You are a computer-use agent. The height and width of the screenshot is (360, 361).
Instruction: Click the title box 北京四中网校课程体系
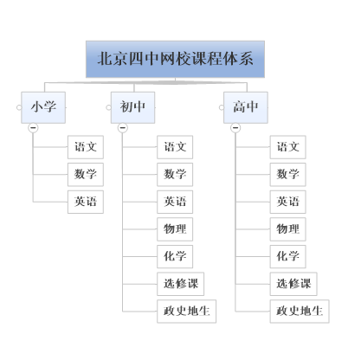pyautogui.click(x=175, y=59)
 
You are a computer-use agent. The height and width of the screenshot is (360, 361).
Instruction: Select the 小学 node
pyautogui.click(x=43, y=107)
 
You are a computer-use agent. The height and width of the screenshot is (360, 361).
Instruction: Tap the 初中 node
pyautogui.click(x=132, y=107)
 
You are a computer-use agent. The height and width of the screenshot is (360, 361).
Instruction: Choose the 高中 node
pyautogui.click(x=246, y=107)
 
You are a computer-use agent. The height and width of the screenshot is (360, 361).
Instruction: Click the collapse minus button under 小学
pyautogui.click(x=33, y=127)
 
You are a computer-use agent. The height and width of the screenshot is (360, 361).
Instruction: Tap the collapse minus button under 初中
pyautogui.click(x=123, y=127)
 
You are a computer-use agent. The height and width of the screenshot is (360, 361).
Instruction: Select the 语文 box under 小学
pyautogui.click(x=86, y=147)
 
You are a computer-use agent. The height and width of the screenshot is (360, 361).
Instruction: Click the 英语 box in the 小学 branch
pyautogui.click(x=86, y=202)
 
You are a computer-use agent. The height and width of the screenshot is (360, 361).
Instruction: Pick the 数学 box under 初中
pyautogui.click(x=175, y=174)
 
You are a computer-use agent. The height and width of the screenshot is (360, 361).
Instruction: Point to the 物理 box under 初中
pyautogui.click(x=175, y=229)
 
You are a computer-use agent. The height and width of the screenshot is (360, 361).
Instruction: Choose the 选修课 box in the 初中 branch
pyautogui.click(x=181, y=284)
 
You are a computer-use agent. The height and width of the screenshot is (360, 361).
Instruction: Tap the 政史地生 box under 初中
pyautogui.click(x=186, y=312)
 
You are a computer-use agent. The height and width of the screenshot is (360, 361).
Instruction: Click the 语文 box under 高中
pyautogui.click(x=287, y=147)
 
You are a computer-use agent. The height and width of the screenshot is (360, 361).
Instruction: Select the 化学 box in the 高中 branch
pyautogui.click(x=287, y=256)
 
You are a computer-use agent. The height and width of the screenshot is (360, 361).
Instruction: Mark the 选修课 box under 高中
pyautogui.click(x=293, y=284)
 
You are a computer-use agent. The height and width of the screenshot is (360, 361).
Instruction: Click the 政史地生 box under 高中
pyautogui.click(x=300, y=312)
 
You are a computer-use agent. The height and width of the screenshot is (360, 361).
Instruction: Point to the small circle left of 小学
pyautogui.click(x=19, y=107)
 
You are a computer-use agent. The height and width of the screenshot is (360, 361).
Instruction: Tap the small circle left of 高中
pyautogui.click(x=222, y=107)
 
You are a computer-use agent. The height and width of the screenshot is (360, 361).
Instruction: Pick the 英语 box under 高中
pyautogui.click(x=287, y=202)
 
